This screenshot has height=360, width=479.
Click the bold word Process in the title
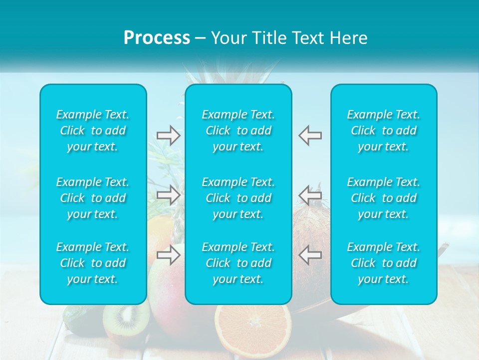tap(157, 38)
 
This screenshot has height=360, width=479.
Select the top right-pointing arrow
tap(168, 135)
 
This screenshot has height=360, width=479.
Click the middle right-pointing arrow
tap(168, 194)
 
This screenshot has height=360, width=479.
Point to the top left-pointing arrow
tap(310, 135)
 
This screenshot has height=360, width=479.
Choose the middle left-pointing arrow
tap(310, 194)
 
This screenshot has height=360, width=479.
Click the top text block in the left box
tap(93, 130)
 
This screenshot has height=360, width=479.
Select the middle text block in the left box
tap(93, 198)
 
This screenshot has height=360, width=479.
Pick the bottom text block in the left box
tap(93, 263)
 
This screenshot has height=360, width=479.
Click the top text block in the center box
tap(239, 130)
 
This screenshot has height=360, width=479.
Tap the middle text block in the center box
tap(239, 198)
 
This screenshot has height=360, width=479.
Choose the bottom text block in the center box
tap(239, 263)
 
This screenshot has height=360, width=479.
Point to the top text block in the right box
tap(384, 130)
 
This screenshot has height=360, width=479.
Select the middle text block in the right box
tap(384, 198)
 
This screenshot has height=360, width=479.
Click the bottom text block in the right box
tap(384, 263)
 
